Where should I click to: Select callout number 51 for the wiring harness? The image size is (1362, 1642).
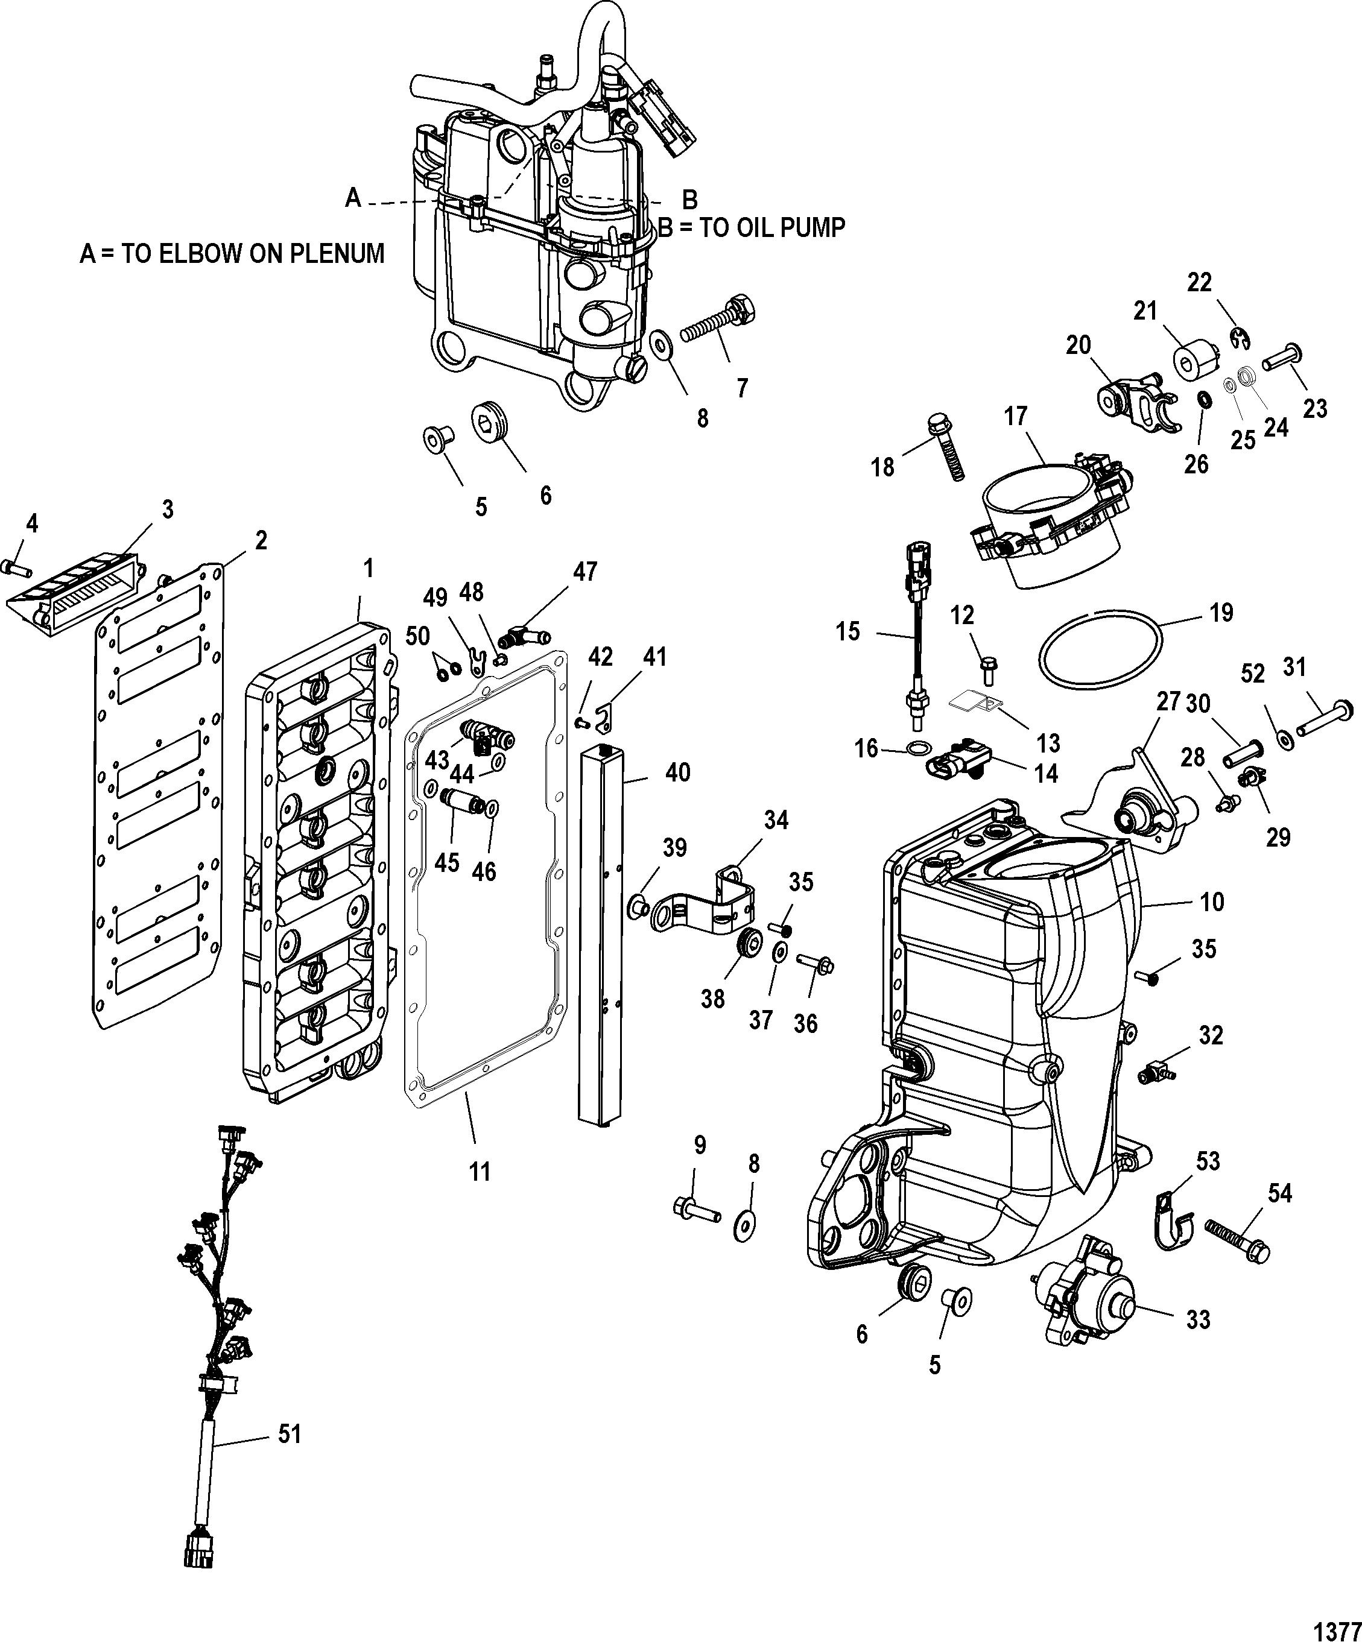click(290, 1435)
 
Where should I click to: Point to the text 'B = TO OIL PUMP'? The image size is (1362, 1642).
click(752, 227)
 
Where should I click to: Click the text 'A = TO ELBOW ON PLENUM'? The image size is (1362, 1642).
click(232, 253)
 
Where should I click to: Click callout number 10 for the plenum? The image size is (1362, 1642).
click(1212, 902)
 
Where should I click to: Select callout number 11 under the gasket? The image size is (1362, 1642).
click(480, 1194)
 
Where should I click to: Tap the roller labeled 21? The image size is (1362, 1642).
click(1197, 361)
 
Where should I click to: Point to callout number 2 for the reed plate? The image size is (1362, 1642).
click(261, 540)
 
